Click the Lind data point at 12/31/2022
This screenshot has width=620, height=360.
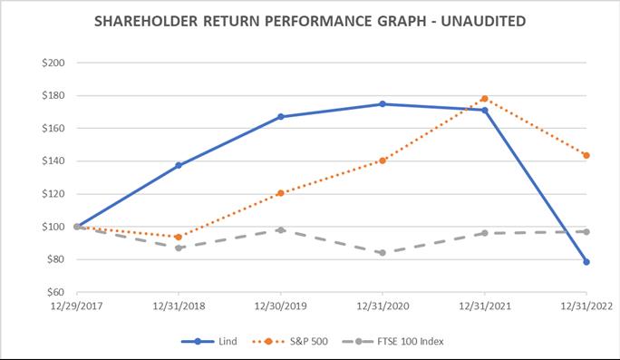587,261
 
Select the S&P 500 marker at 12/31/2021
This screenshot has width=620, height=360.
485,98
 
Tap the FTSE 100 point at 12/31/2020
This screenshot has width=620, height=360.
383,253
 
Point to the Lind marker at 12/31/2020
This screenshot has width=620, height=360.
383,104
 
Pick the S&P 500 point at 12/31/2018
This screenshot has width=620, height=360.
179,237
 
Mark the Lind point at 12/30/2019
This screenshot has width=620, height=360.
281,117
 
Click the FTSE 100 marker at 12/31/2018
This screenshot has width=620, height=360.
179,248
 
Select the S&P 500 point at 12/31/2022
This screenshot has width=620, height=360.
587,155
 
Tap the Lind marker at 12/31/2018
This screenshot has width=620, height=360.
179,165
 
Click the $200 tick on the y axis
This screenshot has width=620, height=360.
64,63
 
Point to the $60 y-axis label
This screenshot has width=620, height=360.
66,292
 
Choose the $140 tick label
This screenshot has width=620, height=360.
64,161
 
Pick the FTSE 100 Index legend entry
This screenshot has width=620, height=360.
400,341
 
